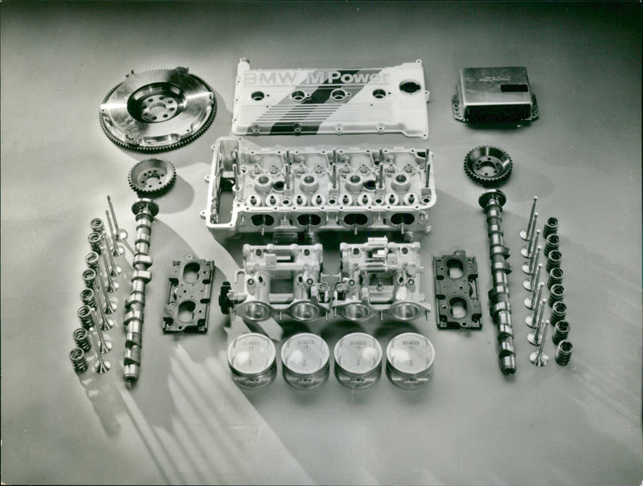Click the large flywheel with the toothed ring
(158, 109)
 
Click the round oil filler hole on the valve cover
(409, 87)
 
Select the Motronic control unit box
(494, 95)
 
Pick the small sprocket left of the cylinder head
(152, 175)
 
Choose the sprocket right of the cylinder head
(488, 165)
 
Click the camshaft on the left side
(138, 289)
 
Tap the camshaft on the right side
(498, 281)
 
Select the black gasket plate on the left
(188, 293)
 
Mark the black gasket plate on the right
(457, 290)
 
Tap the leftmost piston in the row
(252, 359)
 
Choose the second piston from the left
(305, 359)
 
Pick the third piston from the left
(358, 359)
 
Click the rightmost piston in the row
(410, 358)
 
